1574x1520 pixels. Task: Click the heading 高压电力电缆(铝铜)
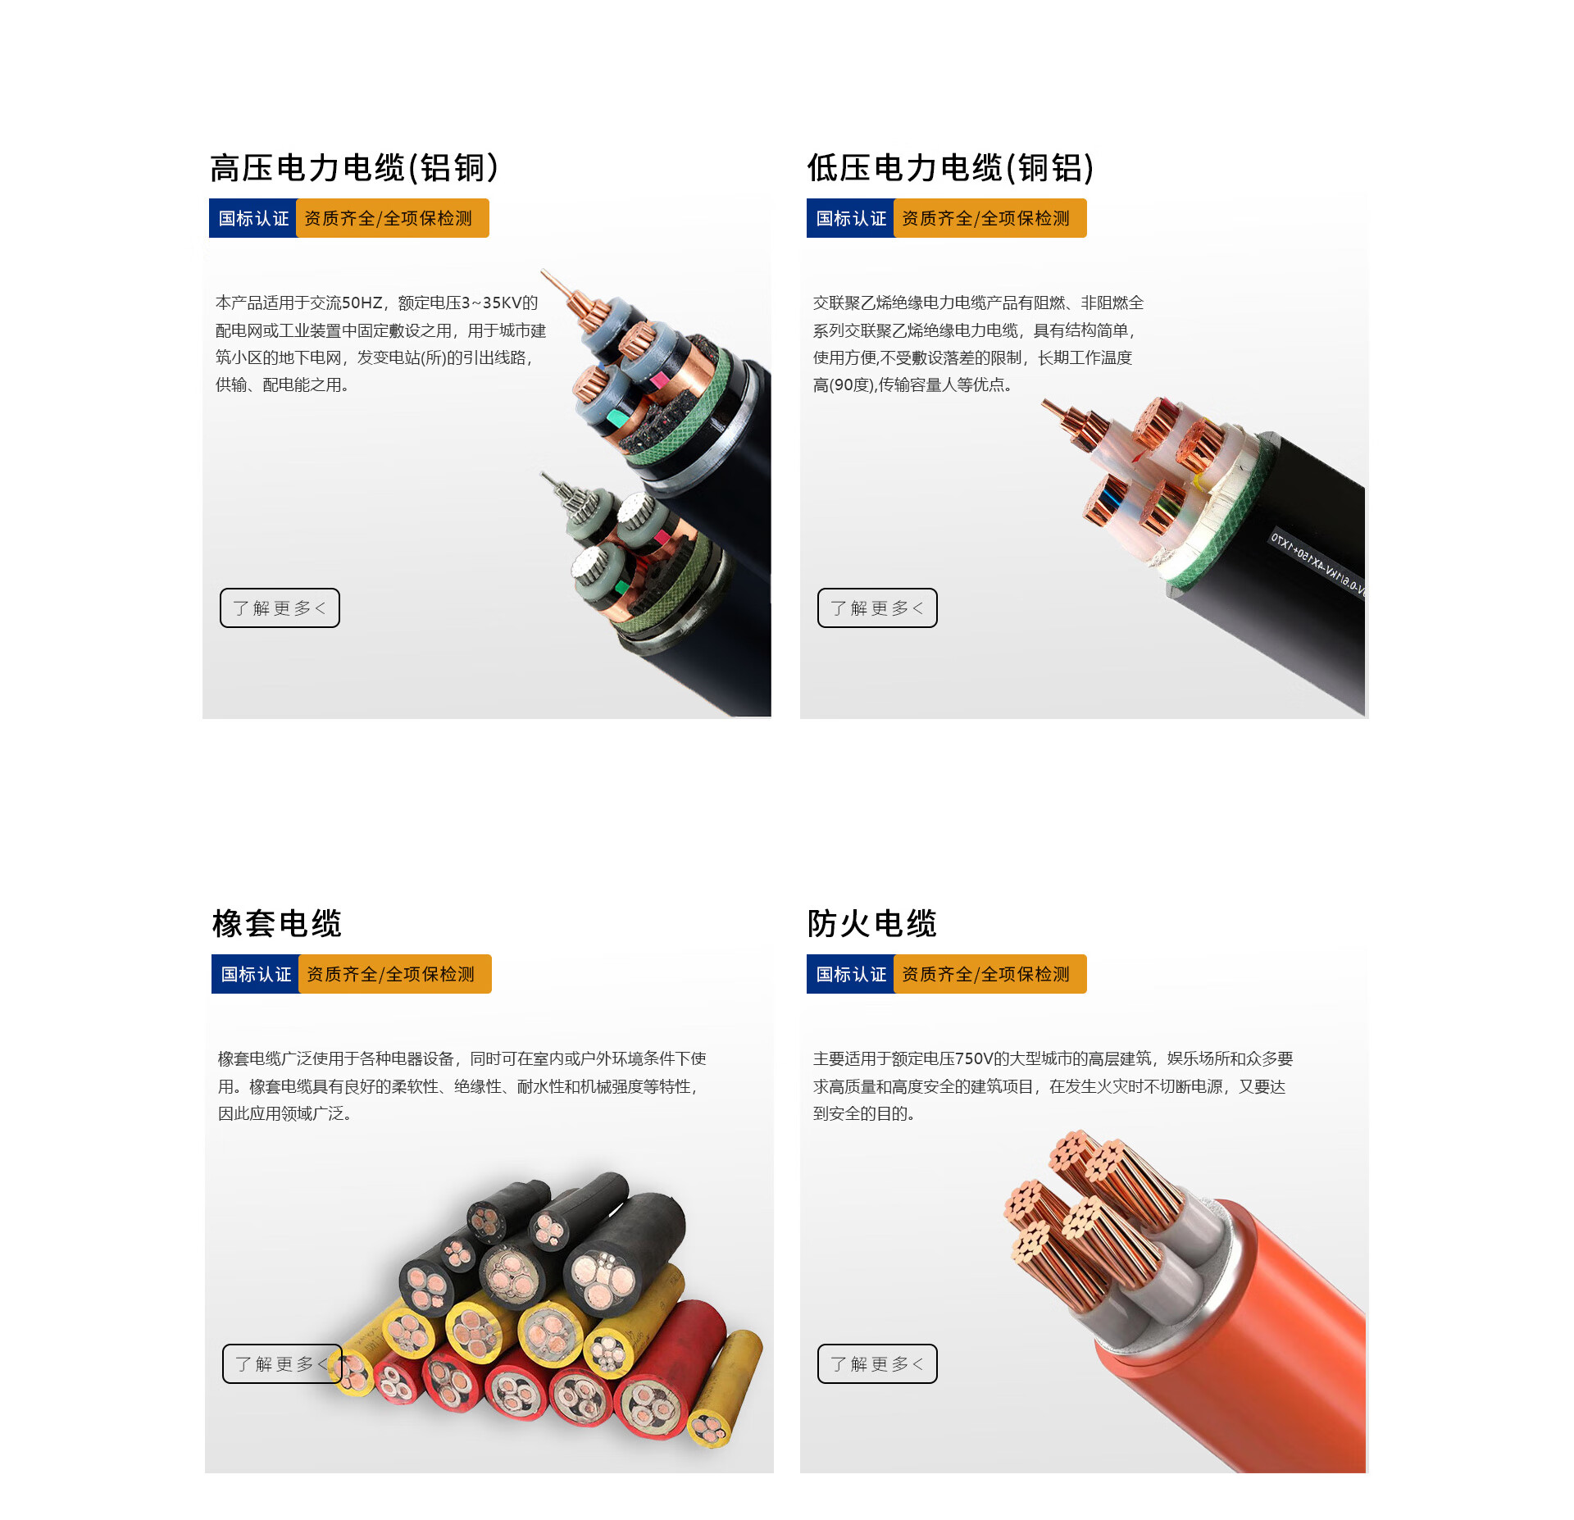[x=354, y=168]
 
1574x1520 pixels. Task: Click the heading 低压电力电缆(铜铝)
[x=951, y=168]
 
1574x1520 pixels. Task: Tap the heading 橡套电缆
[x=277, y=923]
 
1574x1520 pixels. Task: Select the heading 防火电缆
[x=872, y=923]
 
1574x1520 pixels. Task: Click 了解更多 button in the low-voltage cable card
[x=877, y=608]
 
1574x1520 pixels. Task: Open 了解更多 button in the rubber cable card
[x=282, y=1363]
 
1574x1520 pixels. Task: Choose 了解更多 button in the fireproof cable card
[x=877, y=1363]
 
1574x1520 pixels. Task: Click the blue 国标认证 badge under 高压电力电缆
[x=253, y=218]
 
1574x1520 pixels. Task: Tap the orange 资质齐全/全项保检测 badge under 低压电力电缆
[x=989, y=218]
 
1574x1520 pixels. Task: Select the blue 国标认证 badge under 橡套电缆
[x=256, y=974]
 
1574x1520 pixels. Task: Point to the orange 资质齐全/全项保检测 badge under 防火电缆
[x=989, y=974]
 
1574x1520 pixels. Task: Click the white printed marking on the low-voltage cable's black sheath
[x=1317, y=564]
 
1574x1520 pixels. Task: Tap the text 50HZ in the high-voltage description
[x=362, y=303]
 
